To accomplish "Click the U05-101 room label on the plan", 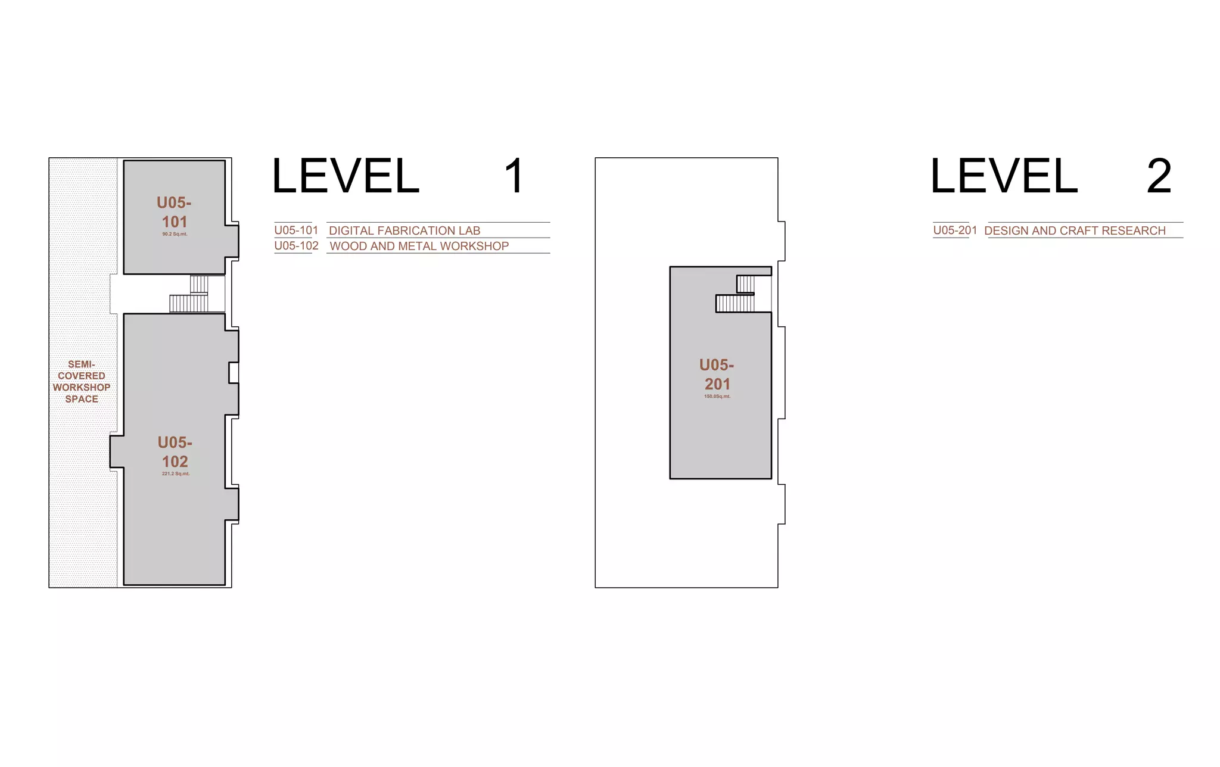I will [174, 212].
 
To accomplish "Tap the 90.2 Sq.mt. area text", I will [175, 234].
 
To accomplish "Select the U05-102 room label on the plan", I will [175, 452].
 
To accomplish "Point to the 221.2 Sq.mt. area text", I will [176, 474].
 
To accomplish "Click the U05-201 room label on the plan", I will [717, 375].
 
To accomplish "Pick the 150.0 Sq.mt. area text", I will [717, 397].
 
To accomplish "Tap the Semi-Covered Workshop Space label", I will [82, 382].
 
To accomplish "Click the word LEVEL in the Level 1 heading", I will [346, 176].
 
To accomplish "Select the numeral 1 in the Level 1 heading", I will [513, 176].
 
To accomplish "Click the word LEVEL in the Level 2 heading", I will [1004, 176].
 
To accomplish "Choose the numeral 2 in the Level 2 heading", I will [1159, 176].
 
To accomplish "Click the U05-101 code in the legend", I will [296, 230].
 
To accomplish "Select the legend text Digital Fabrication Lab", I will [404, 231].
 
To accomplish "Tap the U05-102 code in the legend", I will [296, 246].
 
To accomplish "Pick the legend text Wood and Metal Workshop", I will [419, 247].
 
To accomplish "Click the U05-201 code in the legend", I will [955, 230].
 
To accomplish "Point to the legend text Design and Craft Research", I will [1075, 231].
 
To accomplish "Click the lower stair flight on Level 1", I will [189, 304].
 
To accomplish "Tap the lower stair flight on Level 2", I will [735, 304].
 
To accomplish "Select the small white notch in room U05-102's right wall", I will [234, 373].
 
